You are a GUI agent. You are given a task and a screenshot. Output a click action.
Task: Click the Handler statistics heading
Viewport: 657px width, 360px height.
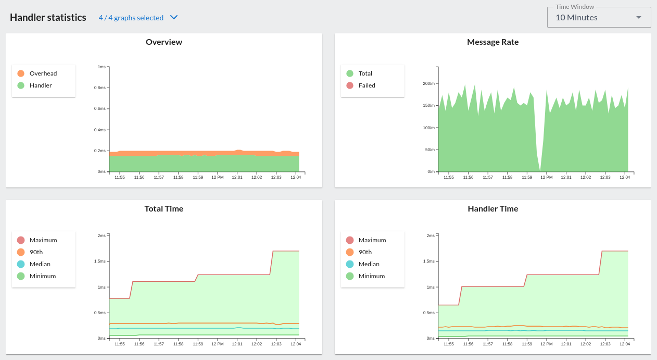click(48, 17)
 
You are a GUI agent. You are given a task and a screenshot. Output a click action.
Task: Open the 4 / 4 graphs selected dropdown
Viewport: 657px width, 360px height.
click(138, 18)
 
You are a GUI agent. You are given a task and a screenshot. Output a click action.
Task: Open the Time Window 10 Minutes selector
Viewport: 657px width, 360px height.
click(599, 17)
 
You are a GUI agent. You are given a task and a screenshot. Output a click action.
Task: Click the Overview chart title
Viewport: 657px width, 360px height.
click(164, 42)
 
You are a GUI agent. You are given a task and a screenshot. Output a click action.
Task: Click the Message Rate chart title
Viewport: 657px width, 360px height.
click(492, 42)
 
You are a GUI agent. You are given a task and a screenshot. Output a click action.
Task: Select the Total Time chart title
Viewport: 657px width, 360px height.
click(164, 209)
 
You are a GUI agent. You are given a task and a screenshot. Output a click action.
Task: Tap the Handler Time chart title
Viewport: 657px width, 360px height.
click(492, 209)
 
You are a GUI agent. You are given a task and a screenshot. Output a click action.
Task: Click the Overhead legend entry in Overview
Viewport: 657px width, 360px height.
click(43, 73)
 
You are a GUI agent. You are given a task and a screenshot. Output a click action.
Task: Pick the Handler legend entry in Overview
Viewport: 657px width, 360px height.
click(41, 85)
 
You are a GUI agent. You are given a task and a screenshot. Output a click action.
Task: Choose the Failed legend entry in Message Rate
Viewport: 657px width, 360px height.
click(367, 85)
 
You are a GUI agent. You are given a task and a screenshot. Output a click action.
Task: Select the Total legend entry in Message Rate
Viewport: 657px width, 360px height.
click(365, 73)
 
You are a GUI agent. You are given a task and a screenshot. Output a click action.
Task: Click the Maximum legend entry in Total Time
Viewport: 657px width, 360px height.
click(43, 240)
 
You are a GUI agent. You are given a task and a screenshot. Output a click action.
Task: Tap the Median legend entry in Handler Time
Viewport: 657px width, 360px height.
click(369, 264)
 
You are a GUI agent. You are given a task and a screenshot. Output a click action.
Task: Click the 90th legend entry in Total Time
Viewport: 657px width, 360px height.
click(36, 252)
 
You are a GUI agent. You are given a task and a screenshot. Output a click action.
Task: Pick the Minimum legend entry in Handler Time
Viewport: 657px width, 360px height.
click(371, 276)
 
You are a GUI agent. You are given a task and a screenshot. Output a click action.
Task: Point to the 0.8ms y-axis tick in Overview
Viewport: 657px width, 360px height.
click(100, 88)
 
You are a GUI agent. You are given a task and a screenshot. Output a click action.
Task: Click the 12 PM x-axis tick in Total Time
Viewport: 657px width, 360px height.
click(217, 344)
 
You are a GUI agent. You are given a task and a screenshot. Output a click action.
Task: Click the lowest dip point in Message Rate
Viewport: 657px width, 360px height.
click(540, 170)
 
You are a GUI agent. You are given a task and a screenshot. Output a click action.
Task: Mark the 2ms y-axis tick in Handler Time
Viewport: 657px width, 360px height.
click(431, 235)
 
